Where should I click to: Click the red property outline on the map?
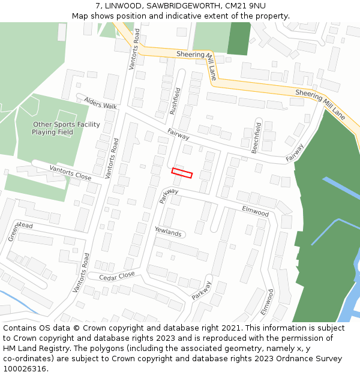coord(182,173)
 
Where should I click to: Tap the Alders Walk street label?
coord(100,103)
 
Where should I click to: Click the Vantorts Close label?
coord(70,173)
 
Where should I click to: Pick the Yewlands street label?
coord(168,232)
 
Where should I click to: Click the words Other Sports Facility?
coord(66,125)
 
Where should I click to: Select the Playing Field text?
coord(53,132)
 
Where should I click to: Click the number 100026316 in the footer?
coord(25,369)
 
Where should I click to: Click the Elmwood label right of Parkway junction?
coord(255,211)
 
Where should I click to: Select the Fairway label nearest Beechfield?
coord(295,153)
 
